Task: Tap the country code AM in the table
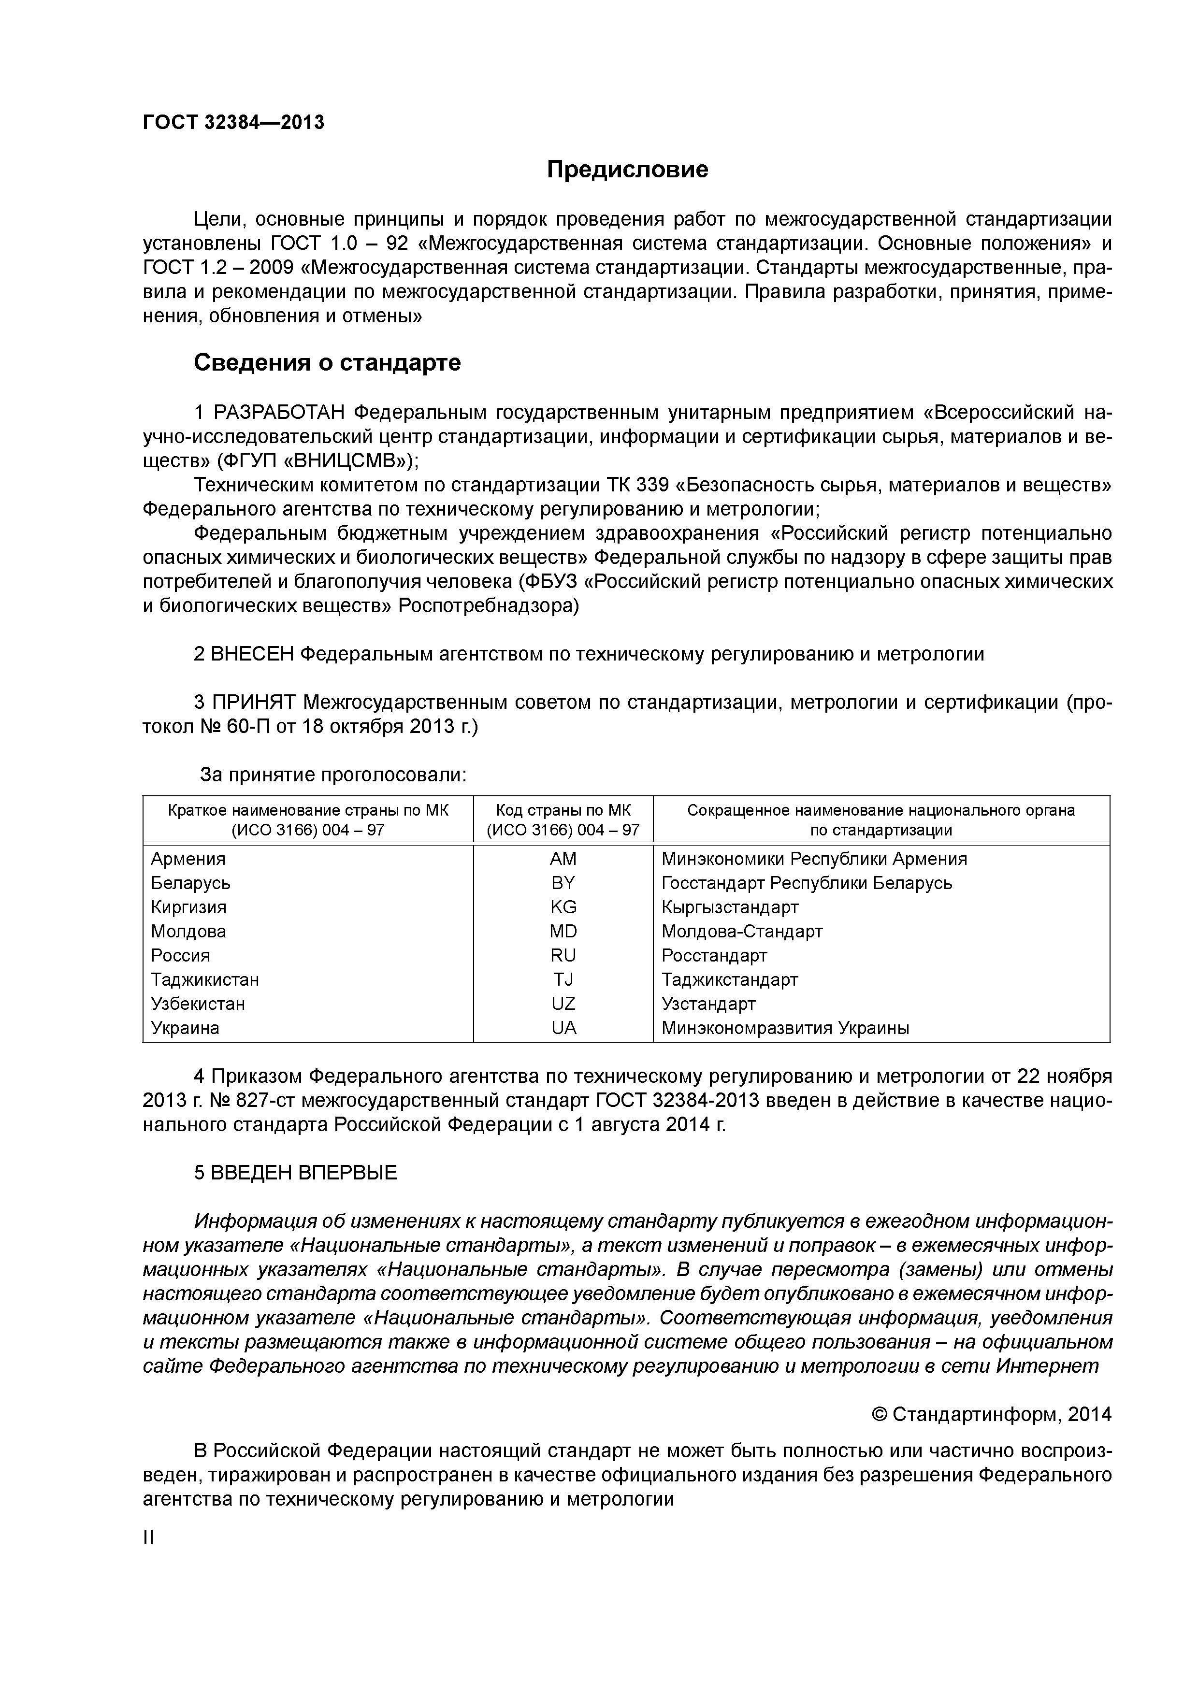pyautogui.click(x=563, y=859)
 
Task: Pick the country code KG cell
pyautogui.click(x=563, y=906)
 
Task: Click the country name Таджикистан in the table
pyautogui.click(x=205, y=979)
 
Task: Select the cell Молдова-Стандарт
pyautogui.click(x=742, y=931)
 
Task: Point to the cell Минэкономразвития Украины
pyautogui.click(x=785, y=1028)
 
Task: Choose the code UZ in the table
pyautogui.click(x=563, y=1003)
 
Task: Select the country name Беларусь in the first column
pyautogui.click(x=190, y=883)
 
